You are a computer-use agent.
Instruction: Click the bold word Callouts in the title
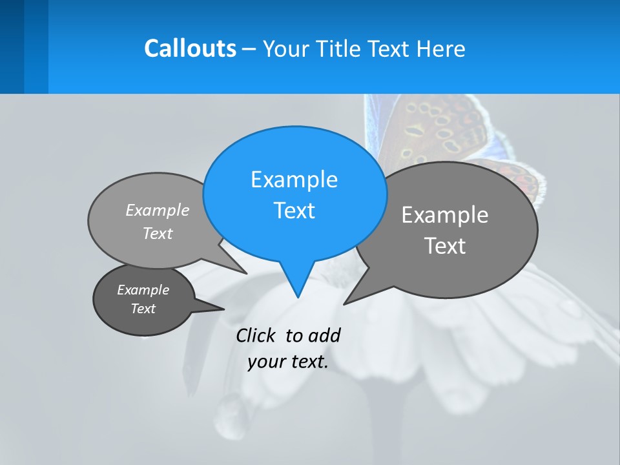pyautogui.click(x=190, y=48)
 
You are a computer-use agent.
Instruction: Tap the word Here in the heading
pyautogui.click(x=441, y=48)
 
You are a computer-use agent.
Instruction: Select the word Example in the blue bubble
pyautogui.click(x=294, y=179)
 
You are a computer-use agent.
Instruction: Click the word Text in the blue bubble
pyautogui.click(x=294, y=210)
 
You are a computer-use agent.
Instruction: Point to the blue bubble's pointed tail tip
pyautogui.click(x=298, y=296)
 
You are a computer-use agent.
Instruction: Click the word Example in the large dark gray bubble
pyautogui.click(x=445, y=214)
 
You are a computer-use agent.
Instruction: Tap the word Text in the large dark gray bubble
pyautogui.click(x=445, y=245)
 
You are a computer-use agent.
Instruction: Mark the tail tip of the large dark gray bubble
pyautogui.click(x=345, y=303)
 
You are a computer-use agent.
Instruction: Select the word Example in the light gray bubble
pyautogui.click(x=158, y=210)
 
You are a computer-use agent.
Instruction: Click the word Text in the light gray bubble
pyautogui.click(x=158, y=233)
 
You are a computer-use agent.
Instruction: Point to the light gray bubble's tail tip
pyautogui.click(x=246, y=273)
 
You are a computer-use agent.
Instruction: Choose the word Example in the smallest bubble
pyautogui.click(x=143, y=290)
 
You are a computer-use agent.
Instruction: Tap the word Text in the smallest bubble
pyautogui.click(x=143, y=309)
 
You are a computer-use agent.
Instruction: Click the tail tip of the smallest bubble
pyautogui.click(x=223, y=309)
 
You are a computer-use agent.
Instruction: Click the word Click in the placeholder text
pyautogui.click(x=257, y=335)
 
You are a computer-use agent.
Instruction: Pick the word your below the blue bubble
pyautogui.click(x=266, y=362)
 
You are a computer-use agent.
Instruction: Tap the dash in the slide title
pyautogui.click(x=250, y=49)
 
